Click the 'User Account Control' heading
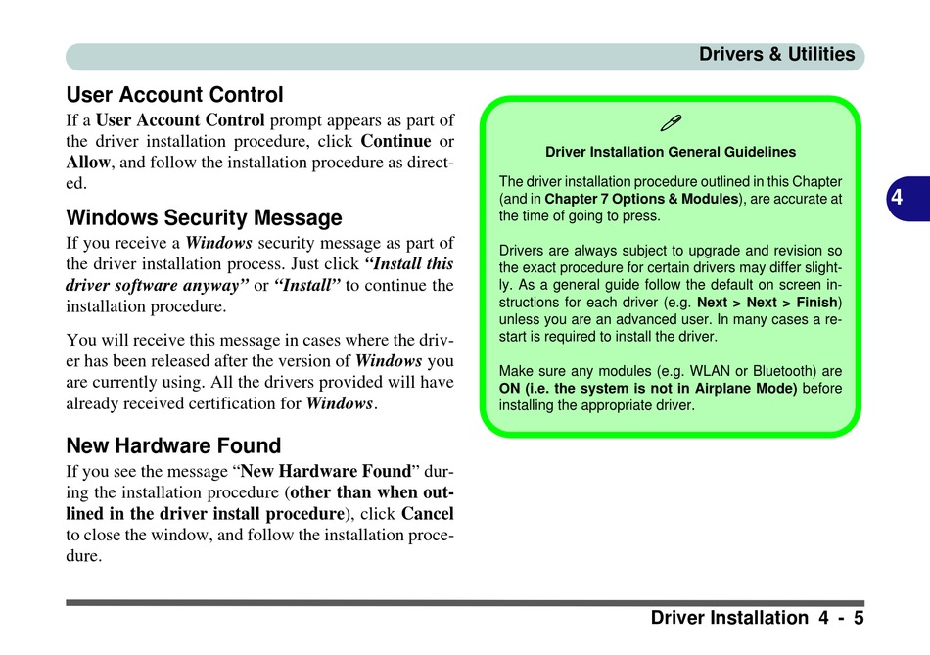click(x=174, y=96)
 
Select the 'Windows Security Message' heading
click(x=204, y=218)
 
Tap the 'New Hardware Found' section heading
click(x=173, y=446)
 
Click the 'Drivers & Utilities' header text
click(x=776, y=55)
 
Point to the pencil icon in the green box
click(x=671, y=123)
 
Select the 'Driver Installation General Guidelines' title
click(x=671, y=152)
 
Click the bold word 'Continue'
click(x=395, y=141)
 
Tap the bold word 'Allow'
click(x=88, y=163)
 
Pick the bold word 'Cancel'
click(x=428, y=514)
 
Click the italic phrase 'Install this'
click(x=409, y=263)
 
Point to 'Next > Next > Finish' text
click(x=767, y=302)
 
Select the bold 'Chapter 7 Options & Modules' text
click(x=641, y=199)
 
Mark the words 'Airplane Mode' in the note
click(x=752, y=388)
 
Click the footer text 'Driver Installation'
click(x=728, y=618)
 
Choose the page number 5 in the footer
click(x=859, y=618)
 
